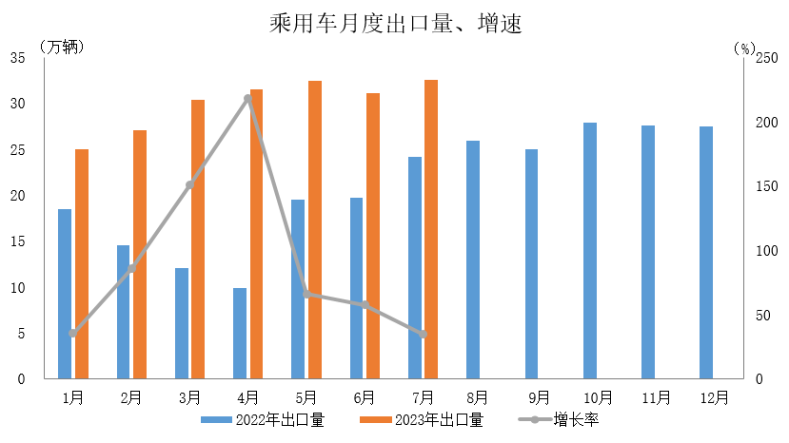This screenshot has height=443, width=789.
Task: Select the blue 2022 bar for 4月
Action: [x=240, y=333]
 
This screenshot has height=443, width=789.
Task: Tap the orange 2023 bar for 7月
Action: [x=431, y=229]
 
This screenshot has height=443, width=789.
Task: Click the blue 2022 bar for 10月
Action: [x=590, y=250]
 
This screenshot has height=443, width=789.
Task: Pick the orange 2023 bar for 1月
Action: [x=82, y=263]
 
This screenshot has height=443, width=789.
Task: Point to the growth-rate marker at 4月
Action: [x=247, y=98]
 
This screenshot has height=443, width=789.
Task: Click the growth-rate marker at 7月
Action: [x=424, y=335]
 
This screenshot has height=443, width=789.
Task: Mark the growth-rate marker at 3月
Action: [x=189, y=184]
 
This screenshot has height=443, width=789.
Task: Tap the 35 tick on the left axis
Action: [x=17, y=58]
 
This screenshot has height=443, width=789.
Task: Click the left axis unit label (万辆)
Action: [x=63, y=45]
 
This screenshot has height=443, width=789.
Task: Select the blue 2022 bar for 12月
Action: [x=706, y=252]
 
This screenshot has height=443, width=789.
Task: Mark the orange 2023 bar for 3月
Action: [x=198, y=239]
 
